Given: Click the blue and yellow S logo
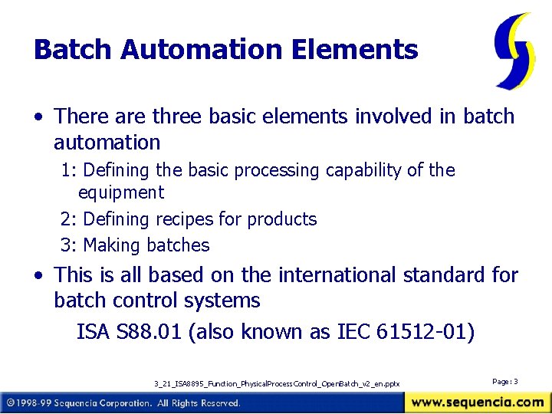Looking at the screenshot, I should (514, 50).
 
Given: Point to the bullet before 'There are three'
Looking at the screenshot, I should (38, 117).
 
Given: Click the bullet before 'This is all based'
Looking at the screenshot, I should (38, 275).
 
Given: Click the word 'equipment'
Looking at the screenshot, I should (121, 192).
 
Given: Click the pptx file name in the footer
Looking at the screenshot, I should (277, 383).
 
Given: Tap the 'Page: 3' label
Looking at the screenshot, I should (505, 381).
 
